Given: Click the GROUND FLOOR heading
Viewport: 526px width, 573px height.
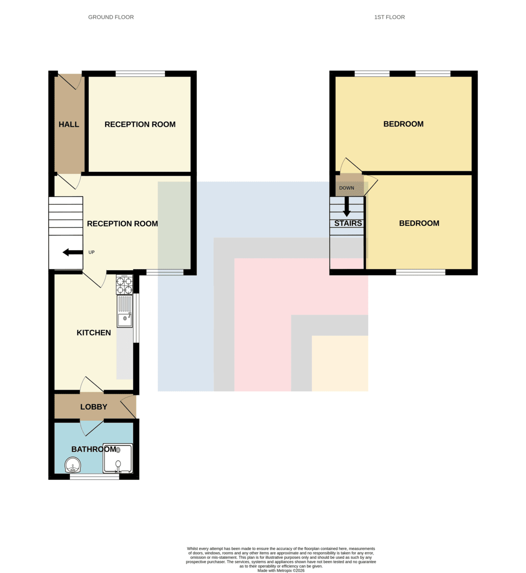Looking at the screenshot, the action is click(111, 17).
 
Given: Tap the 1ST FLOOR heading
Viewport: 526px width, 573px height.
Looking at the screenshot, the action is click(389, 17).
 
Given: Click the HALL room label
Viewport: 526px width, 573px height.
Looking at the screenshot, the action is click(69, 124).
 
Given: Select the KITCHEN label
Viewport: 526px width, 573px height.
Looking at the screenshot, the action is click(94, 332).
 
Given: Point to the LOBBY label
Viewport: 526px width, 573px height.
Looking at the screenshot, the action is click(94, 407).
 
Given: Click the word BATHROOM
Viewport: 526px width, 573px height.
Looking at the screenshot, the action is click(94, 449).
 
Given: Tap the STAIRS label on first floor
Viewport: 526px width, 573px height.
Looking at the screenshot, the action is click(348, 223).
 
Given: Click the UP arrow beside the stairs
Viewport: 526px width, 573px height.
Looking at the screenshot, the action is click(73, 252).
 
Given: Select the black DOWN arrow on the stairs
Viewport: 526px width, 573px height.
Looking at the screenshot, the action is click(347, 207).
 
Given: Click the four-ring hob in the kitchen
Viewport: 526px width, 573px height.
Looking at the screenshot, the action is click(124, 285).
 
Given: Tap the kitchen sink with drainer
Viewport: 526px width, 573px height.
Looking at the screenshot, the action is click(125, 311).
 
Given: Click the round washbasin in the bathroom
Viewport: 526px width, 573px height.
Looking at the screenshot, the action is click(73, 465).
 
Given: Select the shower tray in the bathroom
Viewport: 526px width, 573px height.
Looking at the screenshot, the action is click(118, 458).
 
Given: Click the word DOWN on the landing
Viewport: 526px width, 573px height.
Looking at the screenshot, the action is click(346, 188).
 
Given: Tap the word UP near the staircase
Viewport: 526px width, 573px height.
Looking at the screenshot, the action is click(91, 252).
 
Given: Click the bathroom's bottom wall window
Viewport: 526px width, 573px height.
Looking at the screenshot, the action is click(95, 477).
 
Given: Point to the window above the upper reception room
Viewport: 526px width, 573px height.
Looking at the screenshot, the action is click(140, 74).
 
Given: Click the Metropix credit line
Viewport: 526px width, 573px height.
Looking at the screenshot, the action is click(281, 571).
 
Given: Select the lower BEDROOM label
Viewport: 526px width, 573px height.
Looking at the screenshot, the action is click(419, 223).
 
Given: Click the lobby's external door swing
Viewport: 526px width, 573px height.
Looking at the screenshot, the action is click(129, 407).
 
